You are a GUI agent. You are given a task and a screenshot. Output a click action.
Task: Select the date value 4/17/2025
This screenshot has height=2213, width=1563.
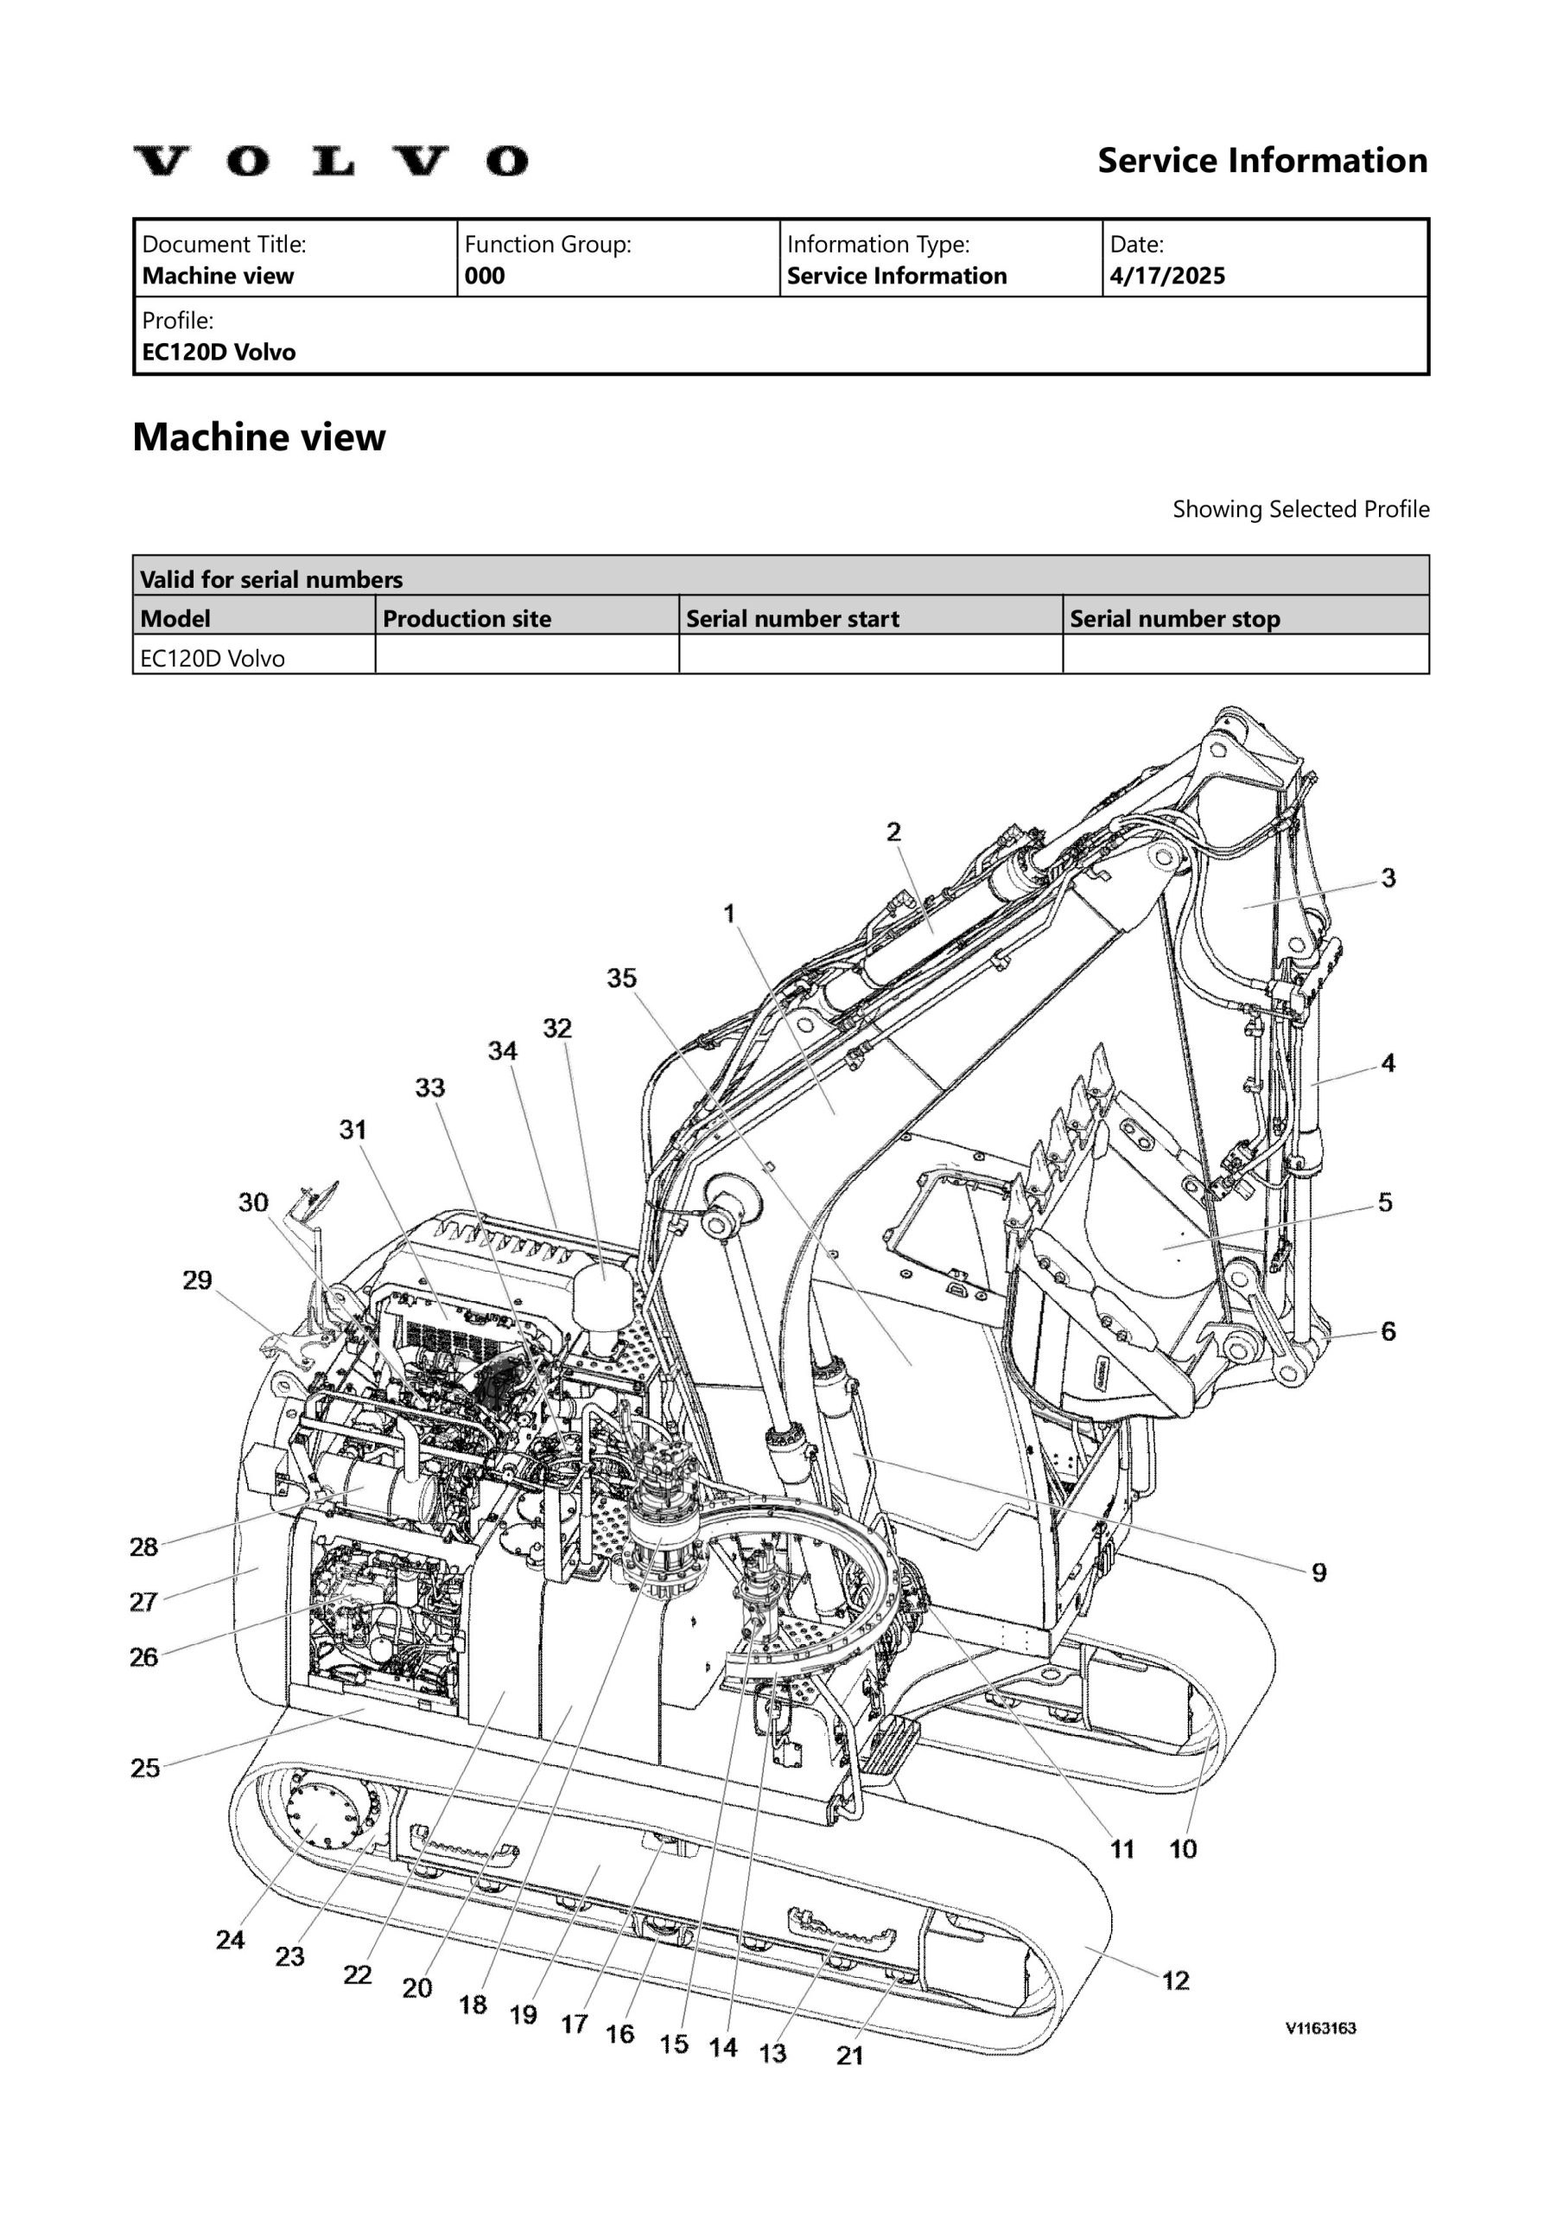[1167, 277]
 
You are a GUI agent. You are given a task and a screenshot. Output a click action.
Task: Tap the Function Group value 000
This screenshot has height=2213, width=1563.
[484, 277]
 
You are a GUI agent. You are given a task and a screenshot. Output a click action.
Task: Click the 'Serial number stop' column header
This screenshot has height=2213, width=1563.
[1175, 619]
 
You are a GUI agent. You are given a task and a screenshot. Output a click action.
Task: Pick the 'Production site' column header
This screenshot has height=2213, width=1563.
[467, 619]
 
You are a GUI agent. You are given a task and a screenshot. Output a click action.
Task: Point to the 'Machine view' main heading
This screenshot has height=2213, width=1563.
[258, 437]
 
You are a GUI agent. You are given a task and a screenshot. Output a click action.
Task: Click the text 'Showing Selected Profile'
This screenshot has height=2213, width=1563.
[1300, 509]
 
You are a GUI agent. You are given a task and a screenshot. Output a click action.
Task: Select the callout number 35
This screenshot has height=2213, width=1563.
[621, 979]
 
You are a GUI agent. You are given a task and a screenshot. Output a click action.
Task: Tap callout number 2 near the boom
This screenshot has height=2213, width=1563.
[893, 832]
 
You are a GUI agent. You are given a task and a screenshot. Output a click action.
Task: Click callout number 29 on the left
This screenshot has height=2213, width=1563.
[198, 1280]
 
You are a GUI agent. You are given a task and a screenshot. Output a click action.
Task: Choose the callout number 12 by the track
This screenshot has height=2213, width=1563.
[1176, 1980]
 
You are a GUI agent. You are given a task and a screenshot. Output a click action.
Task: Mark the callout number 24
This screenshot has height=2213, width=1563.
[231, 1940]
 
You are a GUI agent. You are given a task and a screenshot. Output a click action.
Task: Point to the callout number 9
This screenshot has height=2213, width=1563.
[1318, 1573]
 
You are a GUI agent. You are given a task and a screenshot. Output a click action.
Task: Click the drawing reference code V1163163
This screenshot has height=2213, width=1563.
[1320, 2029]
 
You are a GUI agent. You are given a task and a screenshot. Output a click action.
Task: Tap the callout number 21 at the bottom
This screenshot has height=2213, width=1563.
[850, 2056]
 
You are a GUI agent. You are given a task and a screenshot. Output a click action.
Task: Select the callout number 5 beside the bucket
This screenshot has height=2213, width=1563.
[1385, 1202]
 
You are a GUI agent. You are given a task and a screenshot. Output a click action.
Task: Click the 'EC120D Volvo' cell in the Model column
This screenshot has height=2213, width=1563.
[213, 660]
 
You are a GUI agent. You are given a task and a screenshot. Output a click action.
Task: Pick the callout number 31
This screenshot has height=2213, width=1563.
[353, 1130]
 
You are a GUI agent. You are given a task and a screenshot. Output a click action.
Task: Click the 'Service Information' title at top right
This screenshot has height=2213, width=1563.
[1262, 161]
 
